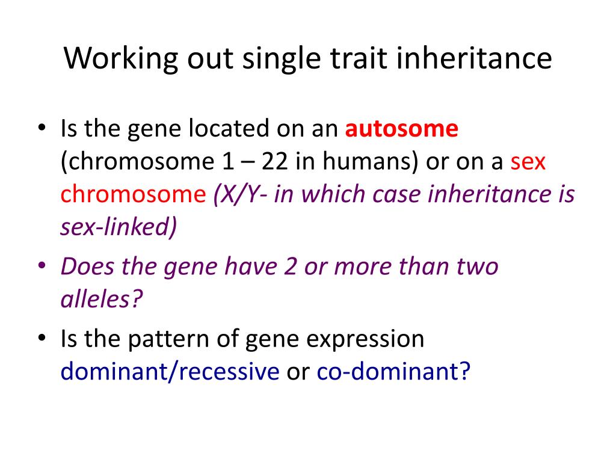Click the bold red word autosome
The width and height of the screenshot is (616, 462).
coord(402,129)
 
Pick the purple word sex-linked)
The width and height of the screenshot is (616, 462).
coord(119,227)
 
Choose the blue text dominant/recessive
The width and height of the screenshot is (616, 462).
coord(170,371)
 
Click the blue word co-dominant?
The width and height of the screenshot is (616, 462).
coord(393,371)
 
